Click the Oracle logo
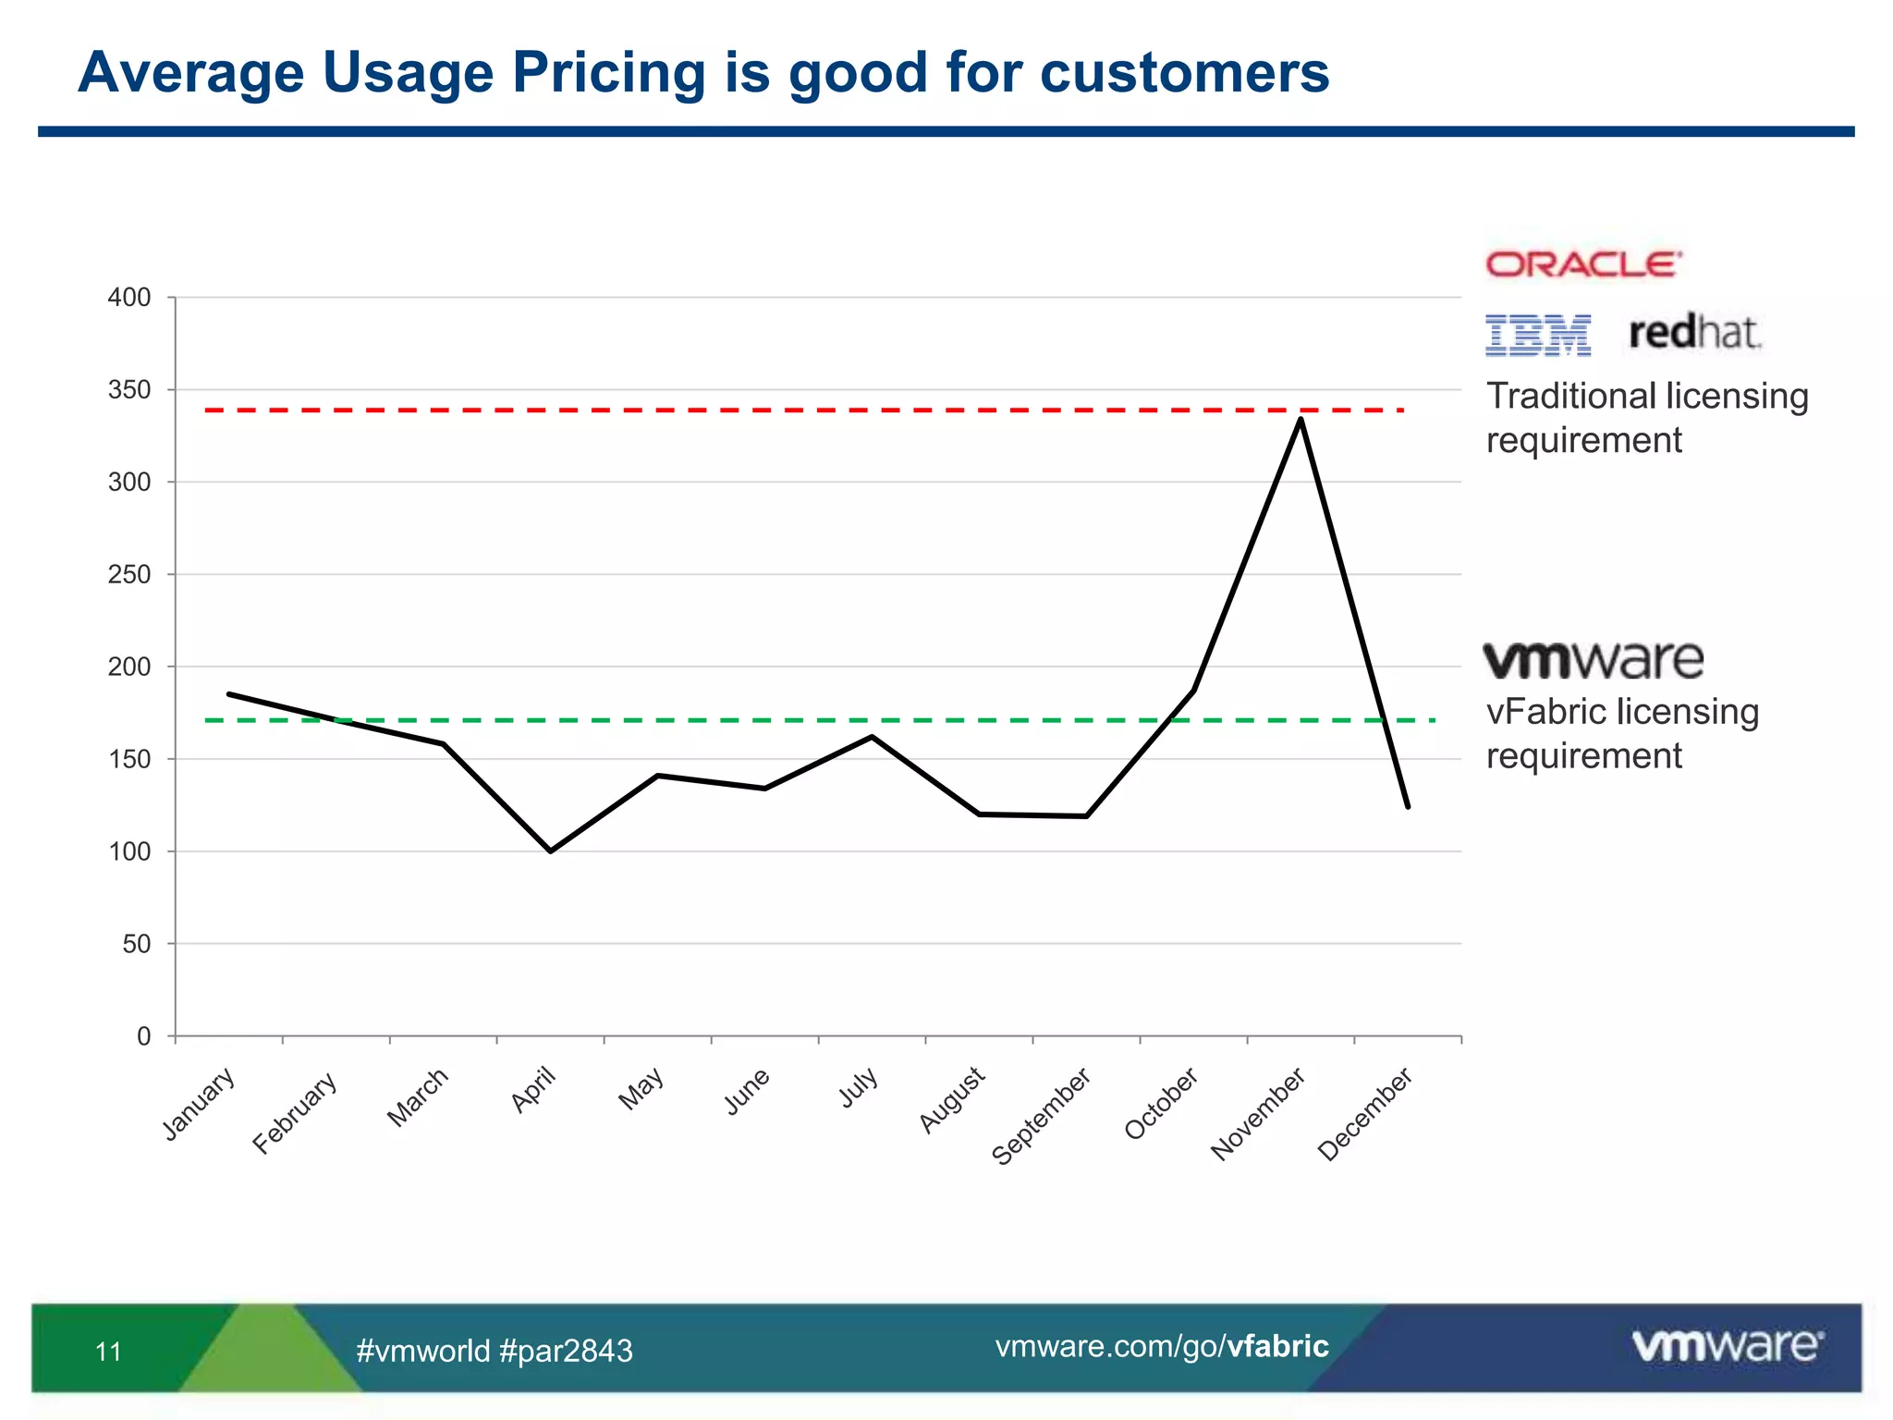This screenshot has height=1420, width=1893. pos(1583,264)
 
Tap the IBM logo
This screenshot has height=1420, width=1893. pos(1538,335)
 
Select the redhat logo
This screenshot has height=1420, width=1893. pos(1694,333)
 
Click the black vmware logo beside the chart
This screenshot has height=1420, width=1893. pos(1594,660)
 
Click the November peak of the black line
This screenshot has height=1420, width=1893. pos(1301,420)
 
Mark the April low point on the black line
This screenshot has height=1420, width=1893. pos(551,851)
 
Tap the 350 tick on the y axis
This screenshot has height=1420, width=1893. pos(129,390)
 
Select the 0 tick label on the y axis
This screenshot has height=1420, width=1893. pos(143,1036)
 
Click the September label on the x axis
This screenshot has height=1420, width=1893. pos(1042,1116)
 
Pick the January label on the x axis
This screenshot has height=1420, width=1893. pos(199,1104)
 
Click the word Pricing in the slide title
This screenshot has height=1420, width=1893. pos(609,72)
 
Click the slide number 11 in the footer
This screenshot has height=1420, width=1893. pos(108,1352)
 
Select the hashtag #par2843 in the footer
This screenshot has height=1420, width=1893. pos(566,1351)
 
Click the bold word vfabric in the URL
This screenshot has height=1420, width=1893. pos(1277,1346)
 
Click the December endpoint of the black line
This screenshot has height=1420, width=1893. pos(1407,806)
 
